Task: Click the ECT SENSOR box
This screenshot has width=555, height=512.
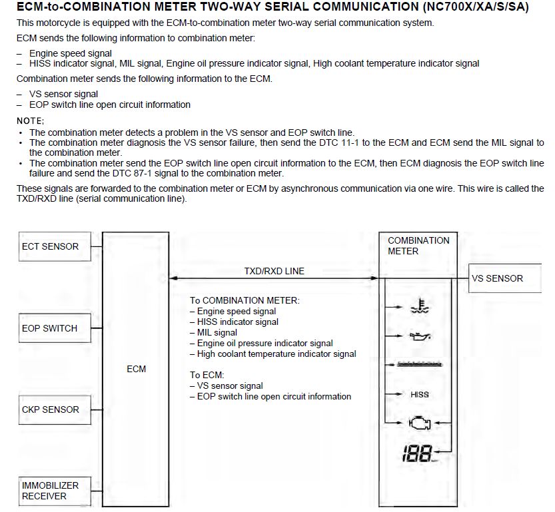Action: coord(50,246)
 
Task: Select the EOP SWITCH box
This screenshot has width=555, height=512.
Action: coord(50,328)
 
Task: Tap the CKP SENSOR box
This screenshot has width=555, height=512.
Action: coord(50,409)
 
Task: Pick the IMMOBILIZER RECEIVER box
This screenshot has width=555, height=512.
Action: coord(50,491)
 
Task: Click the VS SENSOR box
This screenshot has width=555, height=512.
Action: coord(497,278)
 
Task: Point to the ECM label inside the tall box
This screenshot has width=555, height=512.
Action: coord(136,369)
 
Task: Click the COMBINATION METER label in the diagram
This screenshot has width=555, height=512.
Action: coord(418,246)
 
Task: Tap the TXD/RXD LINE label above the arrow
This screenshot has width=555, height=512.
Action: coord(273,271)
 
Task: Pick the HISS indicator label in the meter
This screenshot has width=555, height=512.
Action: coord(420,395)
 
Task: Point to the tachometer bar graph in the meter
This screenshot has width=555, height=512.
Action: coord(420,364)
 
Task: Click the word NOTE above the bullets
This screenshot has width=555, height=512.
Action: coord(30,121)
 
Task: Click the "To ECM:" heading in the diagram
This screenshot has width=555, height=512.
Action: coord(207,375)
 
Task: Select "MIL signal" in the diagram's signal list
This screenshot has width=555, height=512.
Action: coord(217,332)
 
